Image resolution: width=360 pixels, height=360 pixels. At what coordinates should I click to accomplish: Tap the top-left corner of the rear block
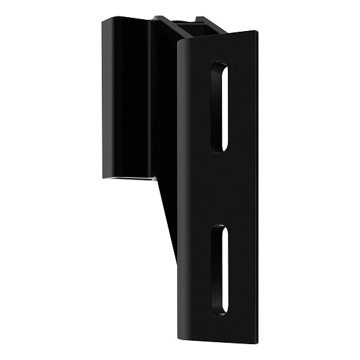pyautogui.click(x=102, y=22)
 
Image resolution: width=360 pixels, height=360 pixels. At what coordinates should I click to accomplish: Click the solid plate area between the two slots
pyautogui.click(x=221, y=188)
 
